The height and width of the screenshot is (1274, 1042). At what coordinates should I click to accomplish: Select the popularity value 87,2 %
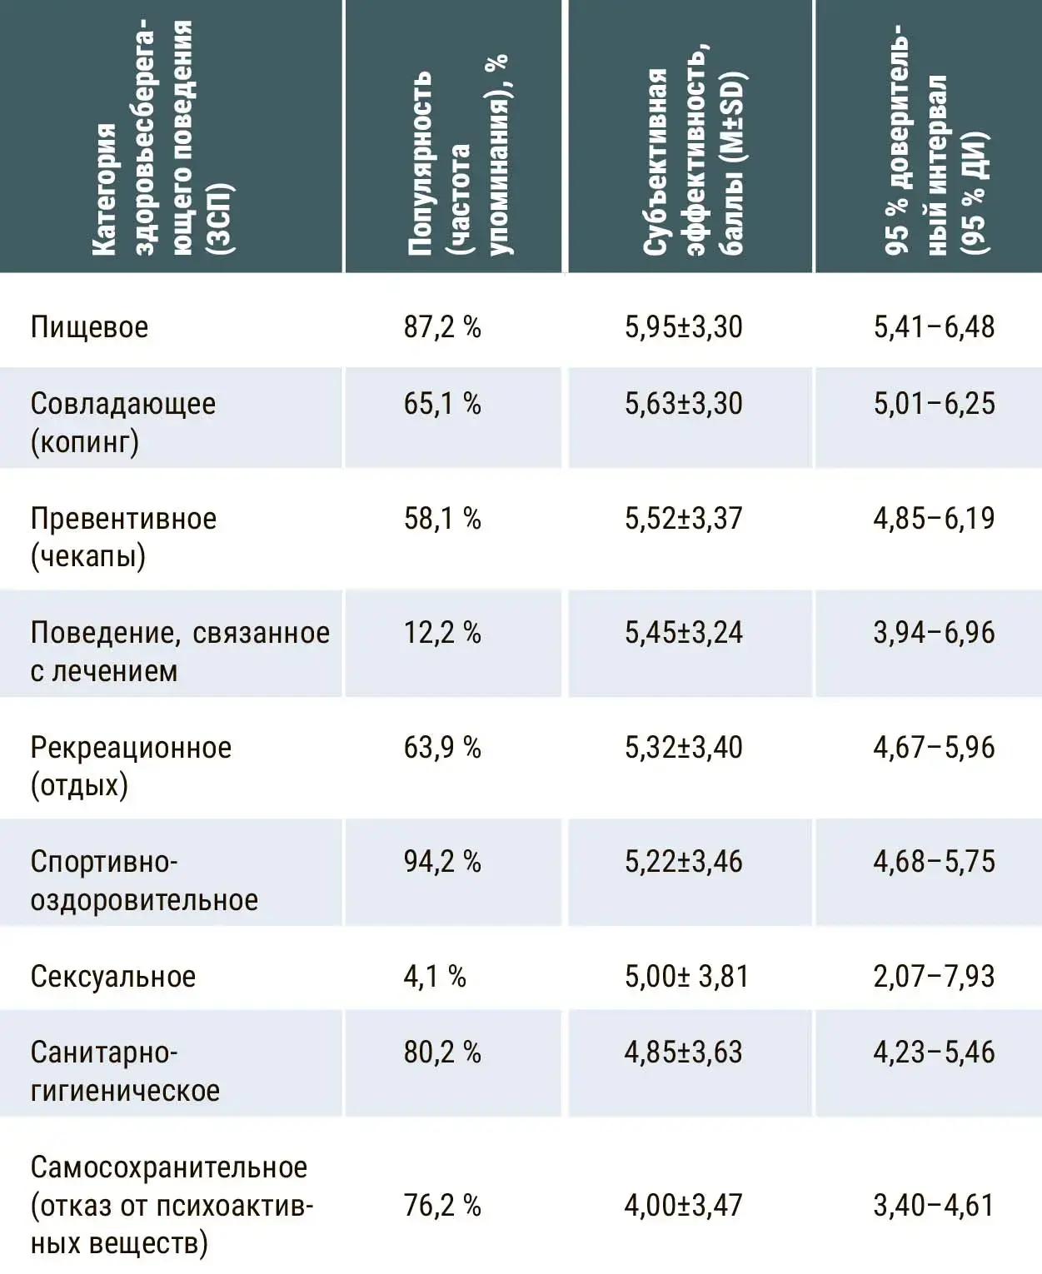[442, 327]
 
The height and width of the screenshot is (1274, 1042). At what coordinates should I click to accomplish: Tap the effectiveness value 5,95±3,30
[684, 327]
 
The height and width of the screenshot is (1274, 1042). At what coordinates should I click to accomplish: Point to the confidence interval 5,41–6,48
[934, 327]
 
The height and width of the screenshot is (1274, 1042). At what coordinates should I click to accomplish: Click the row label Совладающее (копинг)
[122, 423]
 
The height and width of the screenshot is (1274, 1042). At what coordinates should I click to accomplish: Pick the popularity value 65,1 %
[442, 404]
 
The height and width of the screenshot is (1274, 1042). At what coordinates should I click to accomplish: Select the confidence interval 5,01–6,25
[934, 404]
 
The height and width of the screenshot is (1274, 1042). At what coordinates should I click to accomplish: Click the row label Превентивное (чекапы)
[123, 538]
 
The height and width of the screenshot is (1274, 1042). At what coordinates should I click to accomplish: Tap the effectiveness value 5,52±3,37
[684, 518]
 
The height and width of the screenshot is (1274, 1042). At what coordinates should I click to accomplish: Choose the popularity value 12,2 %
[442, 633]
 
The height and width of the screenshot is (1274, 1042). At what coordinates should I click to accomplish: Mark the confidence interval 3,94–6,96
[934, 633]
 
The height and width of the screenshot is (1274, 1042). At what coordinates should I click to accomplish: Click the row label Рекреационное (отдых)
[131, 767]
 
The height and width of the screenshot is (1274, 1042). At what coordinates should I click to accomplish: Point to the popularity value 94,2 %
[442, 862]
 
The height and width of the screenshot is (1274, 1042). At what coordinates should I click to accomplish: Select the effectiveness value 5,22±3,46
[684, 862]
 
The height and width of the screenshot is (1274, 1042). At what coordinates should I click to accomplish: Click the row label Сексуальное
[113, 977]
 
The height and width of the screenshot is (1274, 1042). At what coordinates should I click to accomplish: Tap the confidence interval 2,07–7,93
[934, 976]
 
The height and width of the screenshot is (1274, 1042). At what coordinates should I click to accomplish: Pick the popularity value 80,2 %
[442, 1053]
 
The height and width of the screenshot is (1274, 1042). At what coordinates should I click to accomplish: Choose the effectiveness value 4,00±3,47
[684, 1205]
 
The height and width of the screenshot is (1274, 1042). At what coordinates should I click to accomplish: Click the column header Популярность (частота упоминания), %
[458, 156]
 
